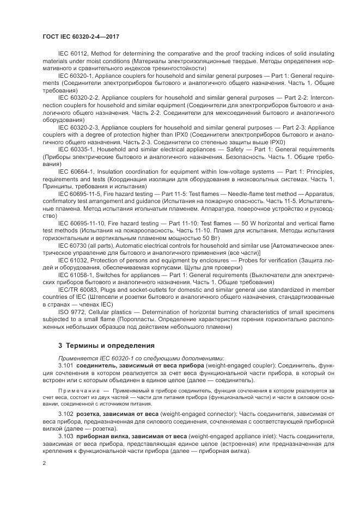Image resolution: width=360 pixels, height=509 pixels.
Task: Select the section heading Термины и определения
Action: (102, 345)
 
